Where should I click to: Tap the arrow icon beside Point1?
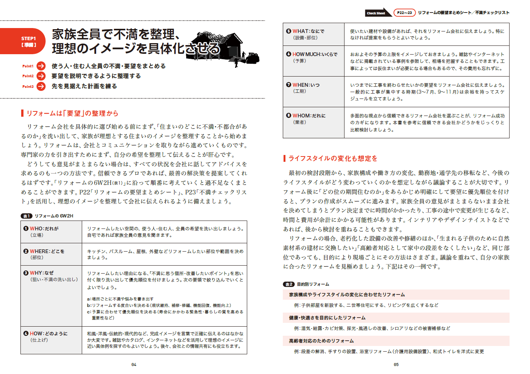[x=41, y=66]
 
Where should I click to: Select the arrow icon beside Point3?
[x=41, y=86]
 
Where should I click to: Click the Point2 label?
[x=28, y=76]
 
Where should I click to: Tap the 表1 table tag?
[x=26, y=216]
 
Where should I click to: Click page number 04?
[x=134, y=365]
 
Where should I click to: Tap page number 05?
[x=396, y=365]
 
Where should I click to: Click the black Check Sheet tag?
[x=377, y=13]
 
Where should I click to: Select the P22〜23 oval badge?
[x=404, y=13]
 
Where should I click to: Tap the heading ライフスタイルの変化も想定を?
[x=333, y=158]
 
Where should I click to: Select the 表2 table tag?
[x=288, y=284]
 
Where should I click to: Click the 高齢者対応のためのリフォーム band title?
[x=321, y=341]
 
